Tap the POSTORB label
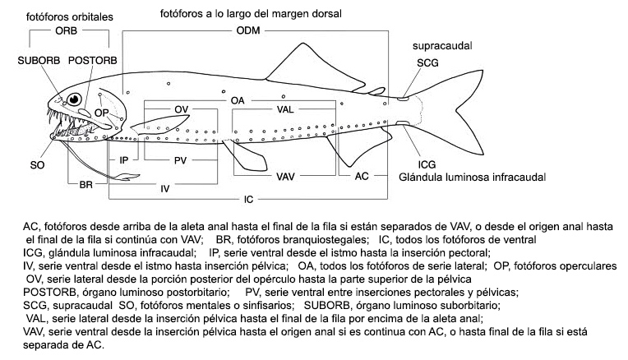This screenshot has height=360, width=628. (91, 61)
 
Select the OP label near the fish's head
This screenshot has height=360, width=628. (101, 113)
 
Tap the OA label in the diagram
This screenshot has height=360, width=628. (239, 99)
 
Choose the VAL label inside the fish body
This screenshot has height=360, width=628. (284, 109)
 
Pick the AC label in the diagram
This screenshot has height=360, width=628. (362, 176)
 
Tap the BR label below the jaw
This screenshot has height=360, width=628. (85, 186)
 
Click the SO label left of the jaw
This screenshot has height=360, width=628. (37, 165)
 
